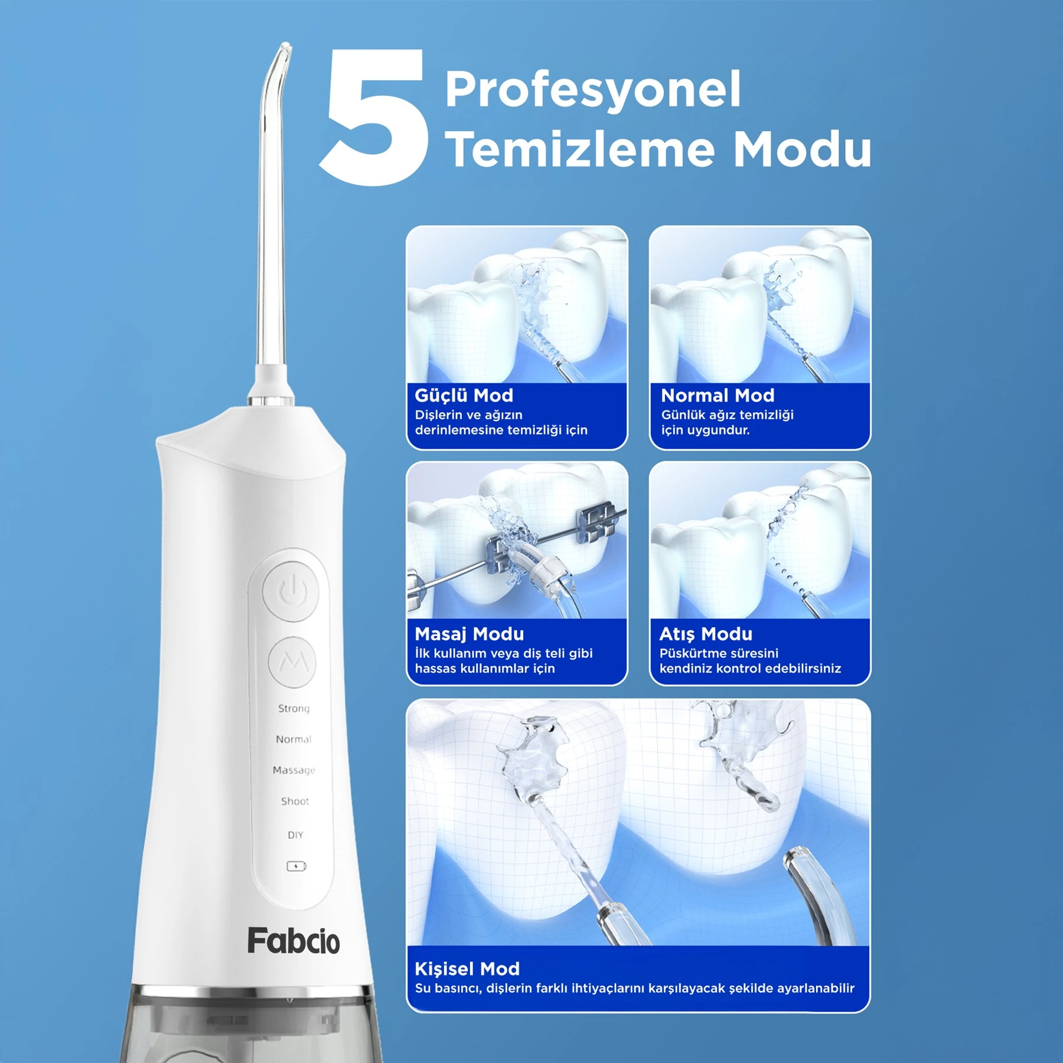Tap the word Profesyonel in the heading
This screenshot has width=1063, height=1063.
pos(593,89)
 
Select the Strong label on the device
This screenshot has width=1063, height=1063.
pos(294,708)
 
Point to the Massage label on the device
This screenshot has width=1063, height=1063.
pos(294,770)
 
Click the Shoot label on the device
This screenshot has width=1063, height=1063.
pos(295,801)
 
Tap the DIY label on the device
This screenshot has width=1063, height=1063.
pos(295,835)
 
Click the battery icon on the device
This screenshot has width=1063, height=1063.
pos(296,866)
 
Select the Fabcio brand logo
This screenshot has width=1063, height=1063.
pos(294,941)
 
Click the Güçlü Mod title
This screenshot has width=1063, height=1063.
pos(464,396)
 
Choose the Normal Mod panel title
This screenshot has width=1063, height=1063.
pos(718,395)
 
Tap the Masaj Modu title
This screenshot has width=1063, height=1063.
pos(469,634)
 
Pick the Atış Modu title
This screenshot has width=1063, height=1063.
pos(706,634)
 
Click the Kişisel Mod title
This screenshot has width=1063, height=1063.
pos(467,969)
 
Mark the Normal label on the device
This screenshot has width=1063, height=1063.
pos(294,739)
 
